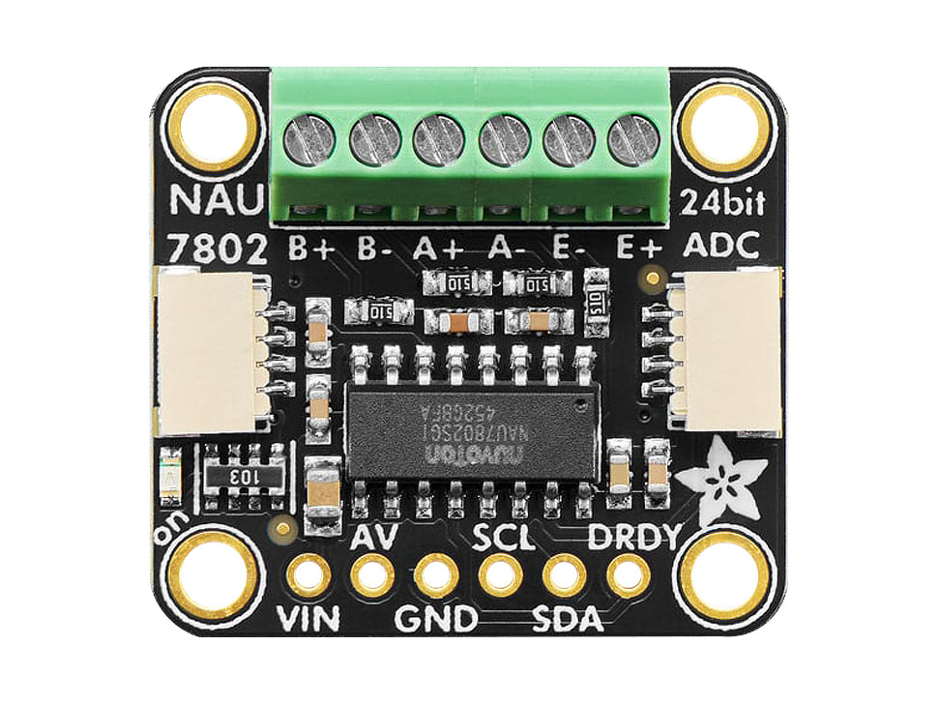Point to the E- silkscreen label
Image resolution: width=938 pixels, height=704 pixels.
[568, 248]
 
